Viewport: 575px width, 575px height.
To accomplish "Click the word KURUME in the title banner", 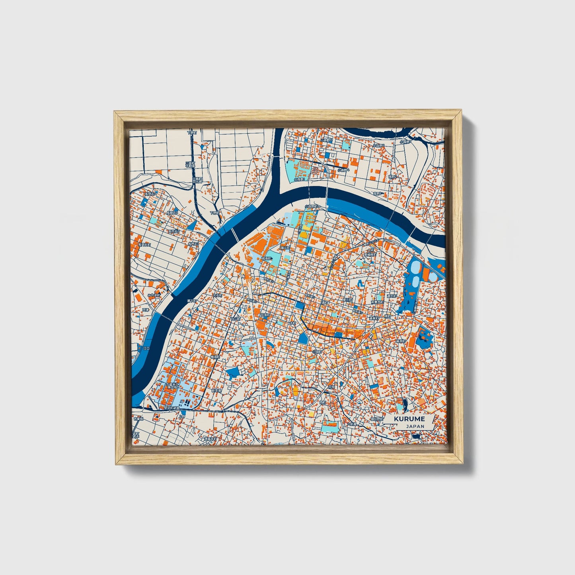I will (x=409, y=419).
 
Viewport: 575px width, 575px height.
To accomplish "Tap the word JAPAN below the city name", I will (x=415, y=426).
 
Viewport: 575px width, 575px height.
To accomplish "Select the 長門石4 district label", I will (x=151, y=194).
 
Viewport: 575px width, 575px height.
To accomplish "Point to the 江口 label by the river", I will (x=146, y=348).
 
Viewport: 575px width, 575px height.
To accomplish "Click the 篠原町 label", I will (x=400, y=341).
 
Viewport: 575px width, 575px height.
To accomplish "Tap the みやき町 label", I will (x=154, y=296).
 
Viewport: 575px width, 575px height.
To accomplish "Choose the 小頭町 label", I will (x=317, y=351).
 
